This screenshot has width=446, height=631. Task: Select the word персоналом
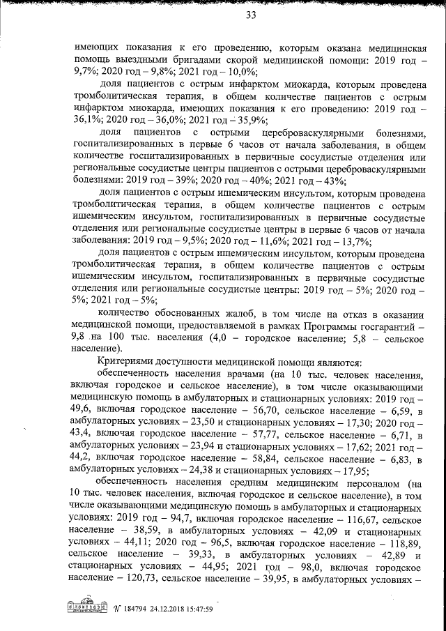(351, 482)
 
